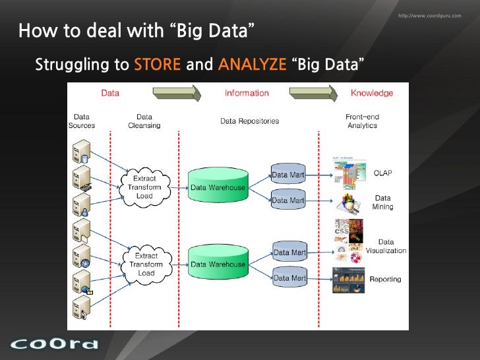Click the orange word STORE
click(157, 65)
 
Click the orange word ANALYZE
click(252, 65)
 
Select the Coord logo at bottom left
click(54, 344)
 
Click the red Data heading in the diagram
click(110, 93)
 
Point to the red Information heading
click(247, 93)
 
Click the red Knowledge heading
click(371, 93)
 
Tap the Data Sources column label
click(82, 121)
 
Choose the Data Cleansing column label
click(144, 121)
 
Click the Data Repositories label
click(249, 121)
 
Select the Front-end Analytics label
click(362, 121)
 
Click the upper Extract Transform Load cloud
click(144, 187)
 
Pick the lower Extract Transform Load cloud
click(146, 264)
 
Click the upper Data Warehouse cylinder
click(218, 187)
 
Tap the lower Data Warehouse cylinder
click(218, 264)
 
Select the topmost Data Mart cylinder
click(289, 175)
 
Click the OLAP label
click(382, 173)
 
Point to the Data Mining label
click(382, 202)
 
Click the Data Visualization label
click(386, 247)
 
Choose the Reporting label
click(385, 280)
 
